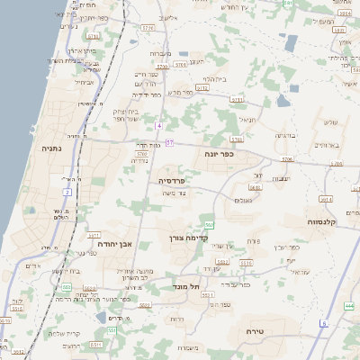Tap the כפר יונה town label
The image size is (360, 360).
point(219,155)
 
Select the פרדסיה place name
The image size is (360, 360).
point(170,181)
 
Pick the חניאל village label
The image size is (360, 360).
point(247,119)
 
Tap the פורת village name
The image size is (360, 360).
point(253,241)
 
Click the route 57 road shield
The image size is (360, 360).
point(169,143)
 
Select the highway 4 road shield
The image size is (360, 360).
point(158,125)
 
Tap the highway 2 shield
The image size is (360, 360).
point(67,192)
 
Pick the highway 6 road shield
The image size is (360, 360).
point(323,322)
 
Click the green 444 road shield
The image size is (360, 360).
point(349,307)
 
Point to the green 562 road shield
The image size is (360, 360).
point(209,225)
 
